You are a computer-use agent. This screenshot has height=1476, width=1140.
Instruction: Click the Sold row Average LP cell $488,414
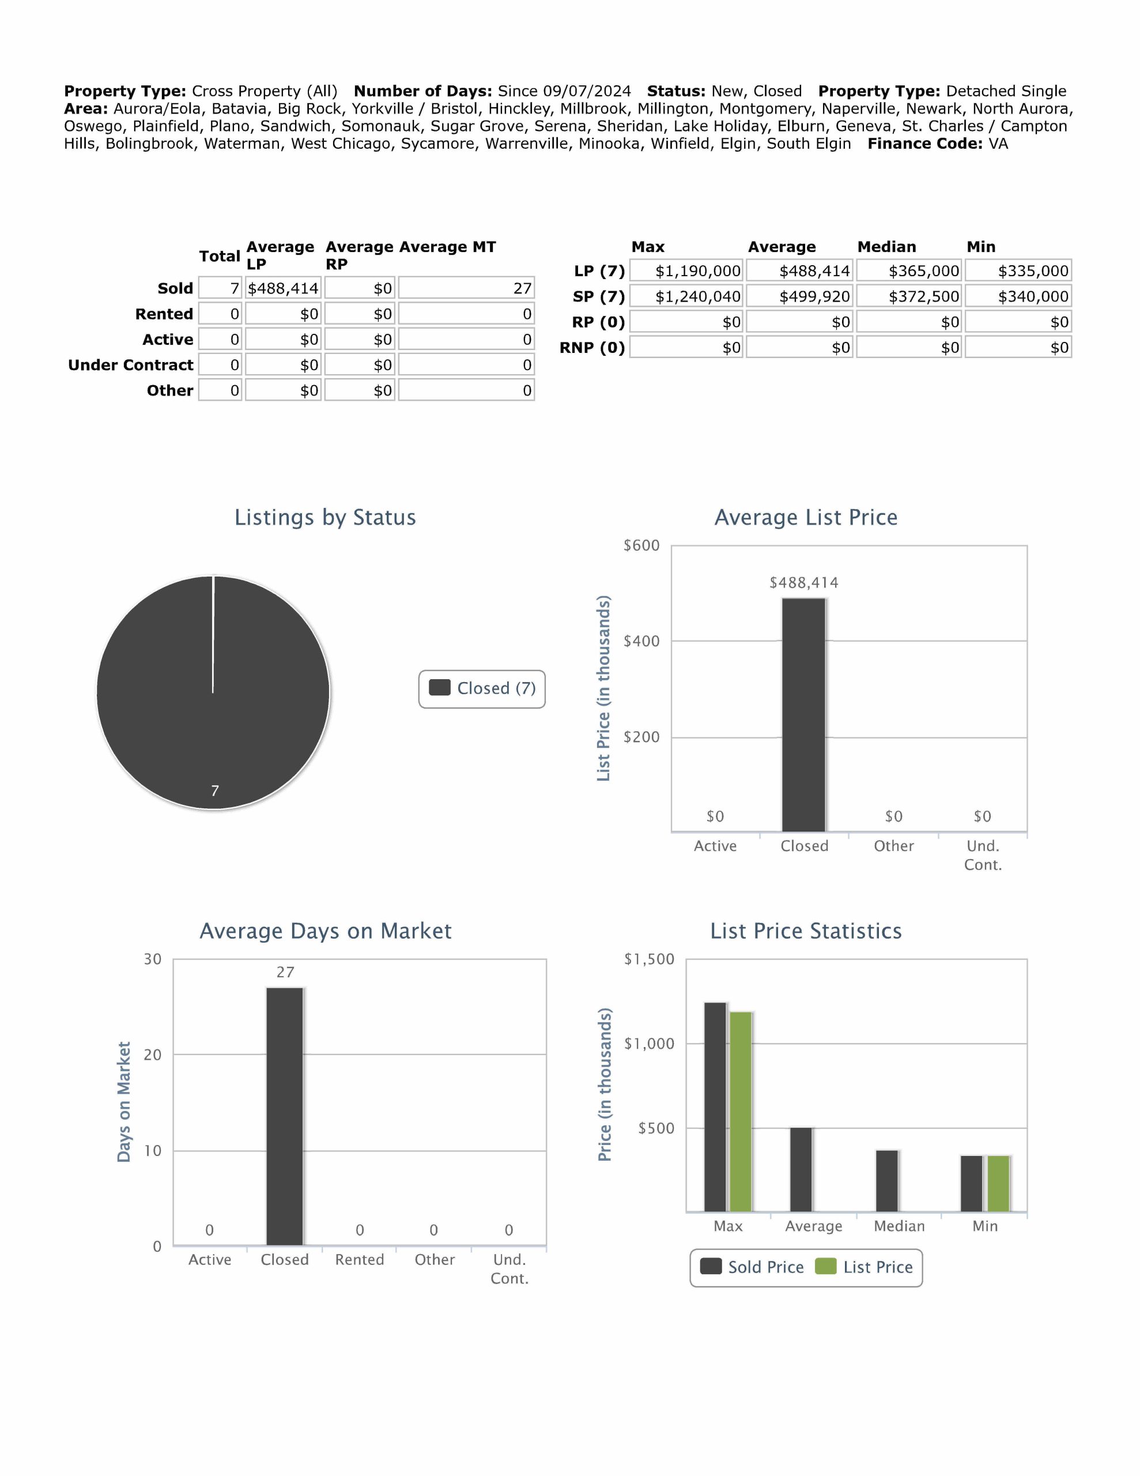click(282, 289)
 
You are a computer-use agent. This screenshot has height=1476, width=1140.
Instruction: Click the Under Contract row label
click(130, 365)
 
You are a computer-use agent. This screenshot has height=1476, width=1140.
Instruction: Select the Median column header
click(886, 247)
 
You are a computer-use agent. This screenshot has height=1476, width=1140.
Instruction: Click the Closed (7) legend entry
click(482, 688)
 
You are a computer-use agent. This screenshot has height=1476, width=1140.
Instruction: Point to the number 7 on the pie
click(215, 790)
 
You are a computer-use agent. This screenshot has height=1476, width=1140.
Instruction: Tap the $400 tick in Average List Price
click(641, 641)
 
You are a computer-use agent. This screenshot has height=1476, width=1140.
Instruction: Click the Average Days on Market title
click(325, 931)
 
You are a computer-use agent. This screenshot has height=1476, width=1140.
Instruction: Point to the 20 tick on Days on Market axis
click(153, 1055)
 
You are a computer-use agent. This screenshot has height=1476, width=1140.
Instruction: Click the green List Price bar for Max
click(741, 1112)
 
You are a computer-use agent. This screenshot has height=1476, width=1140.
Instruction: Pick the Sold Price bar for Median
click(886, 1181)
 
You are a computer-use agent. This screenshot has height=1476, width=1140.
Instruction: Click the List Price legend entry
click(865, 1267)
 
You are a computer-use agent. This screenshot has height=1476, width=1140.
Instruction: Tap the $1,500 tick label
click(649, 959)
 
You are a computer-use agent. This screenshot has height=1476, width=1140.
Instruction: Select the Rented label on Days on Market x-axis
click(360, 1260)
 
